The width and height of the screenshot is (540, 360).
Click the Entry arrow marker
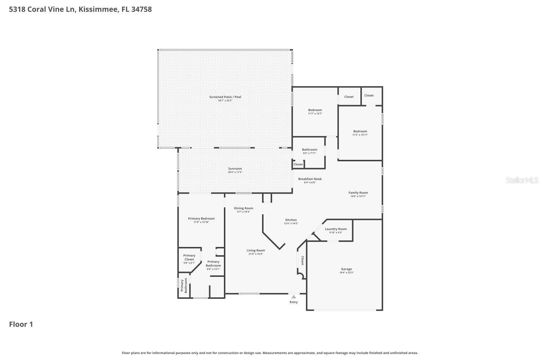(294, 297)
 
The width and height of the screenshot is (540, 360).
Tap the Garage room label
(346, 269)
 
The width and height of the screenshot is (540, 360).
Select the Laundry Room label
(336, 229)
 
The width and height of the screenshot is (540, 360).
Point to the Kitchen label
(291, 220)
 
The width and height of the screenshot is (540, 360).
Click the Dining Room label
(243, 208)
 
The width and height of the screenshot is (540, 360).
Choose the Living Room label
(256, 250)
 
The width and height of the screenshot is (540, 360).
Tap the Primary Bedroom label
(201, 219)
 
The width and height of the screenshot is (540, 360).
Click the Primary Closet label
(189, 257)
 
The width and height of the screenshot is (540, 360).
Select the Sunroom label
(235, 168)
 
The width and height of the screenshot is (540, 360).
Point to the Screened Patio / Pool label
(225, 97)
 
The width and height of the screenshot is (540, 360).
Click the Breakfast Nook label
(310, 179)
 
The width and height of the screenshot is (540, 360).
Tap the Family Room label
(358, 193)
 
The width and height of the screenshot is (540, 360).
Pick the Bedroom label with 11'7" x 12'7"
(315, 110)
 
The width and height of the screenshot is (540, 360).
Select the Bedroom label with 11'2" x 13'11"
(360, 131)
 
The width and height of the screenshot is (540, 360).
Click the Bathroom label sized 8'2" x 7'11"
(309, 150)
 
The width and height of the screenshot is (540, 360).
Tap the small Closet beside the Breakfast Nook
(298, 165)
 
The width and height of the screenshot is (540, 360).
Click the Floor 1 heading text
(21, 324)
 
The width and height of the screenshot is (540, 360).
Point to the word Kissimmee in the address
(97, 9)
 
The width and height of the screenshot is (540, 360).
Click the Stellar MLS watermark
(522, 180)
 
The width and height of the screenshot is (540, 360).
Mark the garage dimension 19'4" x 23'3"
(346, 273)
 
